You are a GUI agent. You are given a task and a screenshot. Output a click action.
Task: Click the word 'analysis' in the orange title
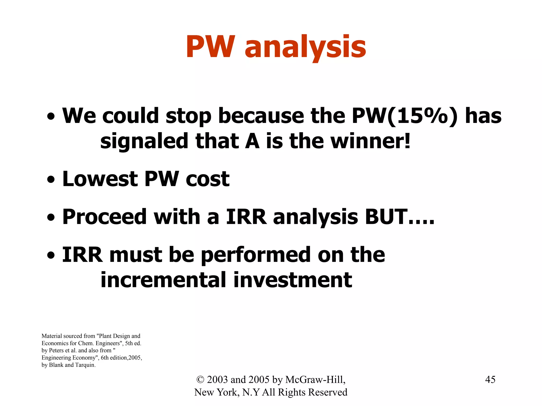[305, 48]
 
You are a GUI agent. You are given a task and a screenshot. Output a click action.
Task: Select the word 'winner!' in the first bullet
[371, 141]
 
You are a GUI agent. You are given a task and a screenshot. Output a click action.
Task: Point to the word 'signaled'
[144, 142]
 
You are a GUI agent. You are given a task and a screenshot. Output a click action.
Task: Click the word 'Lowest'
[100, 179]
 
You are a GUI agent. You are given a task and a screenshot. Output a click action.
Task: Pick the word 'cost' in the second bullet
[207, 179]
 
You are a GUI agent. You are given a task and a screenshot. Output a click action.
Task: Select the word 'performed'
[255, 255]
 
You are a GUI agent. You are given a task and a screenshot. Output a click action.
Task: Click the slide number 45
[490, 380]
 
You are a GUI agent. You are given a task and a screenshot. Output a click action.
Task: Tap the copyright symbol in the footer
[200, 380]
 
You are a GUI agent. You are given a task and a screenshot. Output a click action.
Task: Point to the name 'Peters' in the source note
[56, 350]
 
